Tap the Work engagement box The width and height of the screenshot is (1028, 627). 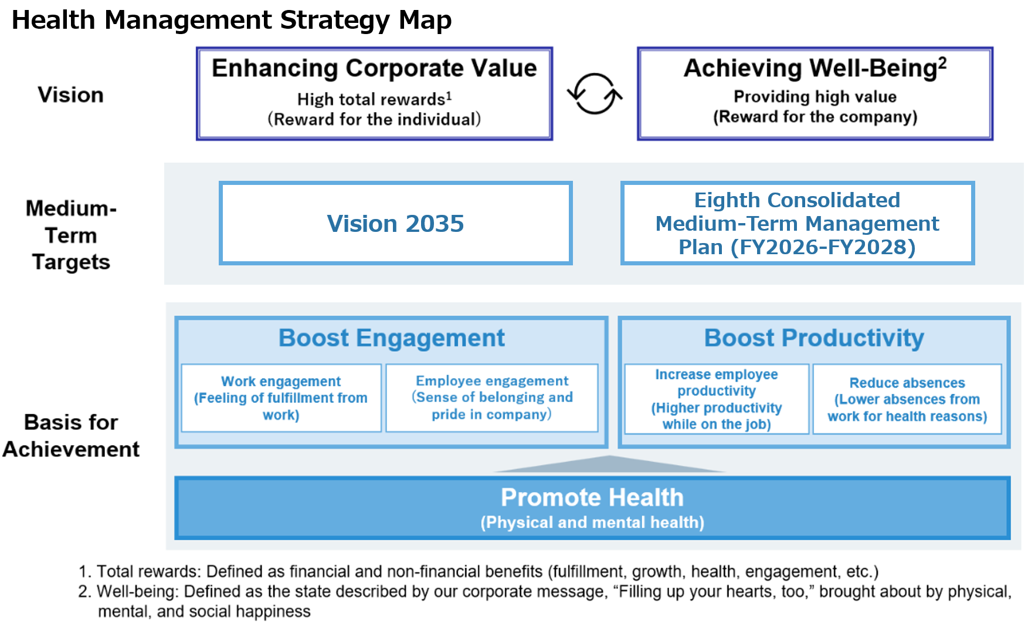[x=281, y=398]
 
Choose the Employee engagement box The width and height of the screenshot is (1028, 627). [x=492, y=398]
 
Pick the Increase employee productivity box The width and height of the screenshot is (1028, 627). [x=717, y=399]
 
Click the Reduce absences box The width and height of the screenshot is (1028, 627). [x=907, y=399]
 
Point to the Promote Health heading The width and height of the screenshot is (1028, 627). [x=592, y=497]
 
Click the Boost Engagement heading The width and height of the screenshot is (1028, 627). [x=392, y=338]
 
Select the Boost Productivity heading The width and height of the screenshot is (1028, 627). [x=814, y=338]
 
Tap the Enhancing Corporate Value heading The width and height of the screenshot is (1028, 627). [x=374, y=68]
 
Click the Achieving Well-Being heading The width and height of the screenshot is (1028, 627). [x=815, y=68]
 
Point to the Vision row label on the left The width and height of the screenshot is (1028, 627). [x=71, y=95]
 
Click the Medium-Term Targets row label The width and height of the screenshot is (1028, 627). [x=71, y=235]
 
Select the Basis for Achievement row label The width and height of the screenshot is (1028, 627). [x=71, y=436]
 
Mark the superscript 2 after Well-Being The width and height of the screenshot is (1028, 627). [x=942, y=62]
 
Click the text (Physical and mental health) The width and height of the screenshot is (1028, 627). [x=592, y=522]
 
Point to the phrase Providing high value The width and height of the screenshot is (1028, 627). [x=815, y=96]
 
